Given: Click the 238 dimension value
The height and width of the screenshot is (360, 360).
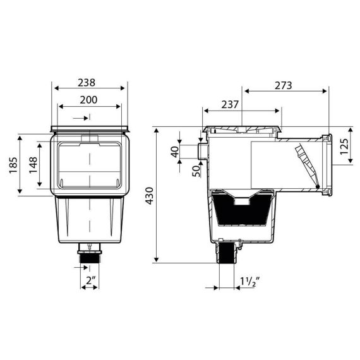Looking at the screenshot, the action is click(87, 83).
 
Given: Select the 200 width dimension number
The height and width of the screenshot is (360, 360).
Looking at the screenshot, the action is click(88, 100).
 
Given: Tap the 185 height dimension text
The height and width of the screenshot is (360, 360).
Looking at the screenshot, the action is click(13, 165).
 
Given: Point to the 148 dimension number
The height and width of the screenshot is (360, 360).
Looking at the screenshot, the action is click(33, 165).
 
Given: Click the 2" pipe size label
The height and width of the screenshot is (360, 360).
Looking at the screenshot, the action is click(91, 280).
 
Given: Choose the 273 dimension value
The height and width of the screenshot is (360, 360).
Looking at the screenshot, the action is click(284, 86).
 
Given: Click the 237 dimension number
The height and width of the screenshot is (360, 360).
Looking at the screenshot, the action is click(230, 105).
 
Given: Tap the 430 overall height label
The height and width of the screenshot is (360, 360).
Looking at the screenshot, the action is click(150, 196).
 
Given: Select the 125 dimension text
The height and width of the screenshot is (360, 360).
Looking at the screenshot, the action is click(344, 147).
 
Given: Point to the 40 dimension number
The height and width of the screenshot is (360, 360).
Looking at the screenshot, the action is click(175, 152).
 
